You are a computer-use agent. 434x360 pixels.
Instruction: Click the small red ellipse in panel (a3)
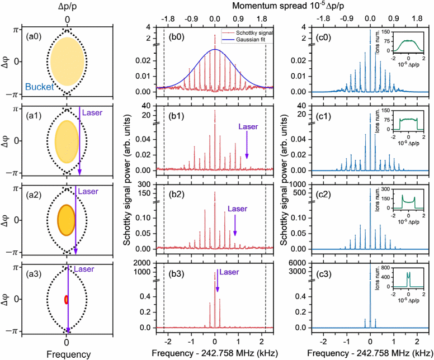[67, 299]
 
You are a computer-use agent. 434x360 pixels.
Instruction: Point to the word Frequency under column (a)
[67, 354]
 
